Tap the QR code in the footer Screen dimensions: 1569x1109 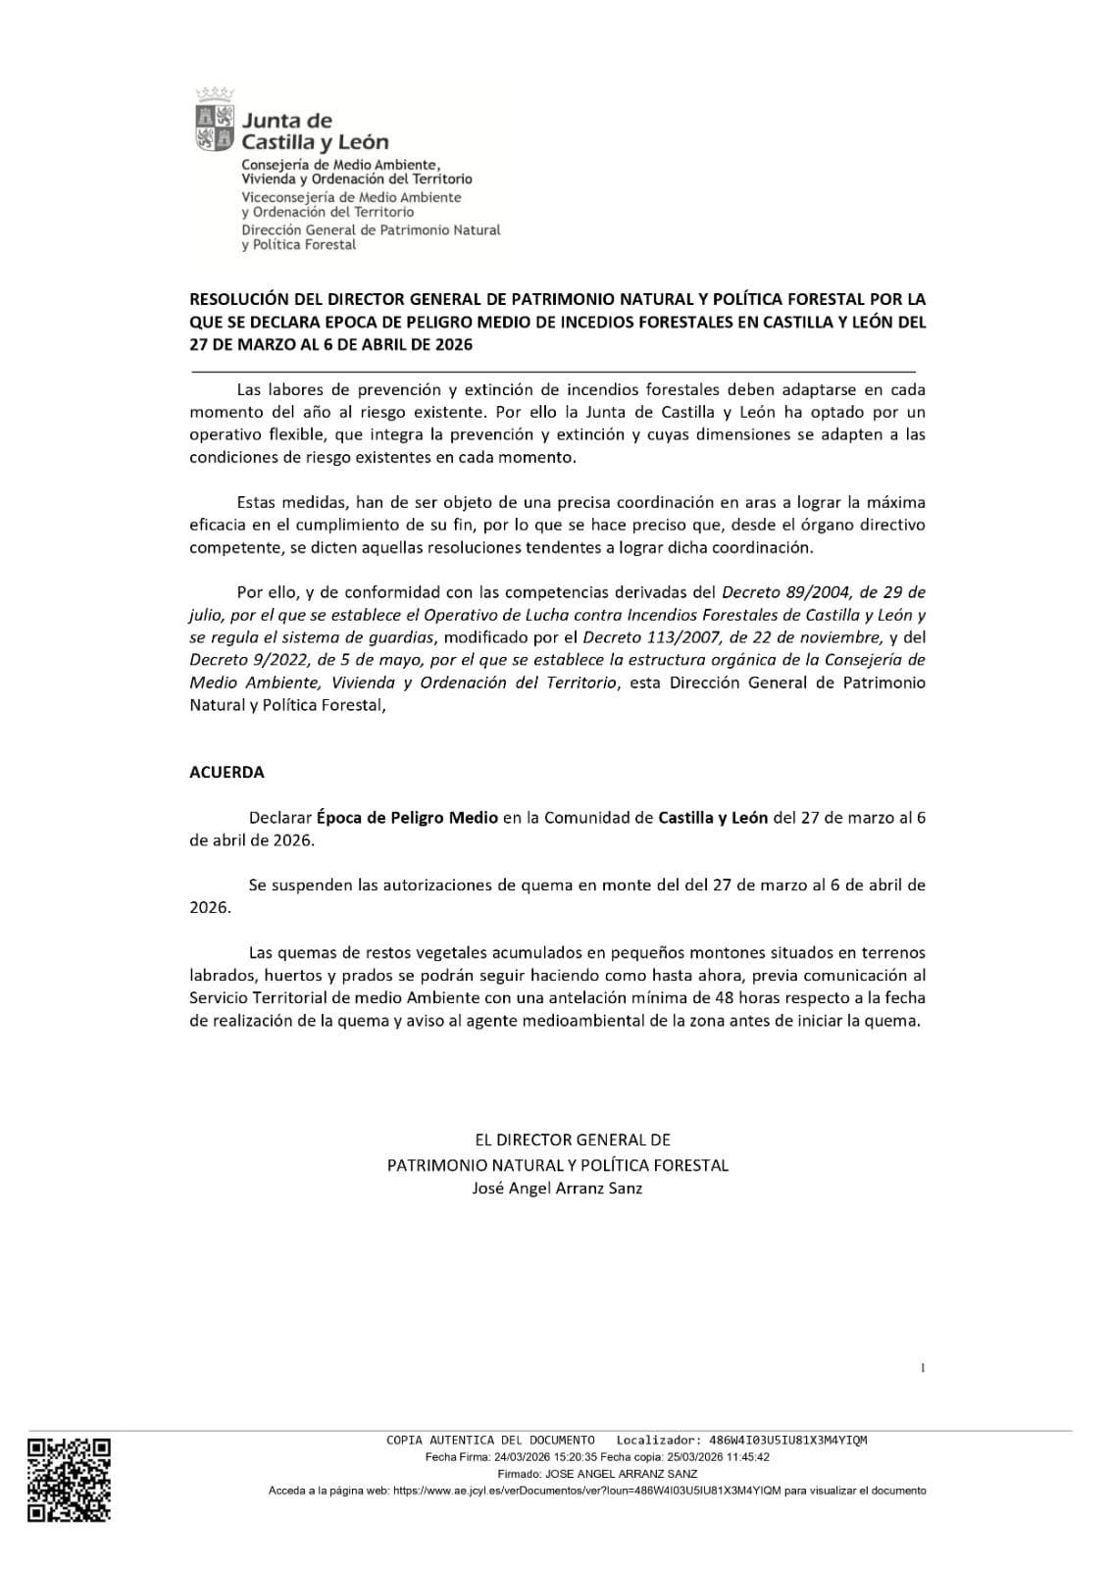click(69, 1479)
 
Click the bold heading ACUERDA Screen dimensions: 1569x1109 click(227, 772)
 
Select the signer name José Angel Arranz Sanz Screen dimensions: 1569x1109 click(557, 1189)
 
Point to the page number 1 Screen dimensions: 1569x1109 click(923, 1368)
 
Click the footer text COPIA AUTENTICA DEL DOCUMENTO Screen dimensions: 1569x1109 click(490, 1441)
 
